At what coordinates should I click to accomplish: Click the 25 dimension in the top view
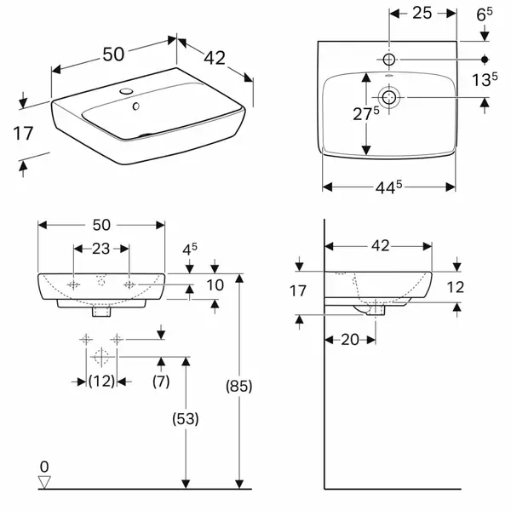422,13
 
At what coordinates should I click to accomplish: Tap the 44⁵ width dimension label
389,187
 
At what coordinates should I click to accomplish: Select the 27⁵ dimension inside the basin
366,114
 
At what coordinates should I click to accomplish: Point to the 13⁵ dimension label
485,79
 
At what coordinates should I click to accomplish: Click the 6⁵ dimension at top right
485,14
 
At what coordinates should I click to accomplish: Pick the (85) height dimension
239,386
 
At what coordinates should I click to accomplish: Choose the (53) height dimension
186,418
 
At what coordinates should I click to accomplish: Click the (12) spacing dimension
101,381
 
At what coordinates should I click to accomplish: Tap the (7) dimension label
161,381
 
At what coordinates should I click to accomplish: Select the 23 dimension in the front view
101,249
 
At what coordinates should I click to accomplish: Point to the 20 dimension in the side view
350,340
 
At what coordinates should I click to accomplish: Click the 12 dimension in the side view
456,287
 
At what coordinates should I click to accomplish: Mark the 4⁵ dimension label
190,250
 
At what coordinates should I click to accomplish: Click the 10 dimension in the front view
215,285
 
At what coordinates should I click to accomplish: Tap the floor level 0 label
44,467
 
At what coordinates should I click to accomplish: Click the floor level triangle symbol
44,482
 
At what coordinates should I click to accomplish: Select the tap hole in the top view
389,60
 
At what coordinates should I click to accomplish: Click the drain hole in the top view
389,97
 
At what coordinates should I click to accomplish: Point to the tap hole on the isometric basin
126,91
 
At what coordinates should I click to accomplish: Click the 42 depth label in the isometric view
215,58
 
